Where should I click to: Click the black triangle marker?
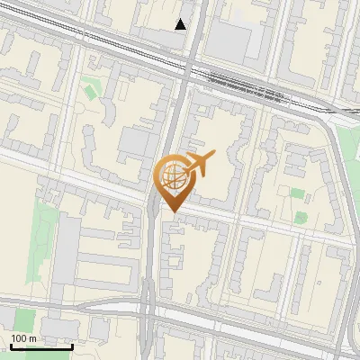tap(181, 24)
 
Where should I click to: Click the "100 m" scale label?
tap(23, 338)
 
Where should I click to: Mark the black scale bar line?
tap(41, 346)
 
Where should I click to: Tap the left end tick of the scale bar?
tap(11, 344)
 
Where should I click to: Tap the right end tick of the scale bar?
tap(72, 344)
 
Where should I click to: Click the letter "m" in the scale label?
tap(32, 338)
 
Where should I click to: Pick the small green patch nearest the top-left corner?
tap(90, 90)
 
